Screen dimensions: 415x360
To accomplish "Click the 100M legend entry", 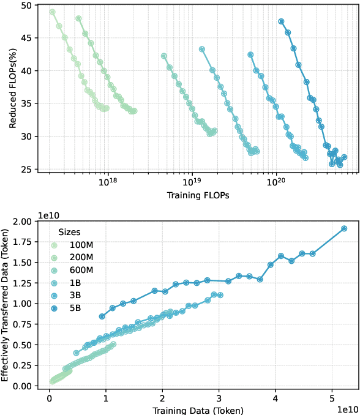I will point(82,245).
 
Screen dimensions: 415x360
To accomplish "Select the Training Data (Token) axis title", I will point(198,410).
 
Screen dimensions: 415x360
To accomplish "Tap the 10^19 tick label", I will point(192,183).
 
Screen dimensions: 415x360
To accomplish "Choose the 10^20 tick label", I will point(276,183).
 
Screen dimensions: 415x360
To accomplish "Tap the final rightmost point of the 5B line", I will point(344,228).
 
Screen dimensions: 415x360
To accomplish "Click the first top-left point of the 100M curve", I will point(52,12).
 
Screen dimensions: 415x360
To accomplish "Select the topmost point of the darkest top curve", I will point(281,21).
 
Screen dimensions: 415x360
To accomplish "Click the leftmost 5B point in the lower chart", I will point(102,316).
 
